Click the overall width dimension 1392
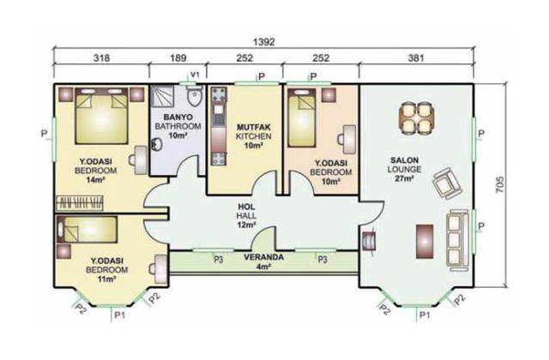(x=263, y=42)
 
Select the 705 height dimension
(x=500, y=185)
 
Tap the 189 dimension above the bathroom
(x=178, y=57)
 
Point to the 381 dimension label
(x=416, y=57)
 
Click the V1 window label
(x=195, y=75)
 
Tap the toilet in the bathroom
(x=195, y=95)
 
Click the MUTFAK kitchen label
(x=254, y=127)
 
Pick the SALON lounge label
(x=404, y=160)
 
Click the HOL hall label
(x=246, y=207)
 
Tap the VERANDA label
(x=263, y=257)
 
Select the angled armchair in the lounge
(x=448, y=183)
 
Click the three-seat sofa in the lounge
(x=458, y=240)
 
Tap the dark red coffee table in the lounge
(x=425, y=242)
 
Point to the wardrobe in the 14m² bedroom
(x=80, y=203)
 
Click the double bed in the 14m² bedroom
(x=101, y=116)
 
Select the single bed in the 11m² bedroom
(x=87, y=230)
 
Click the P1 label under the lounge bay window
(x=425, y=315)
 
